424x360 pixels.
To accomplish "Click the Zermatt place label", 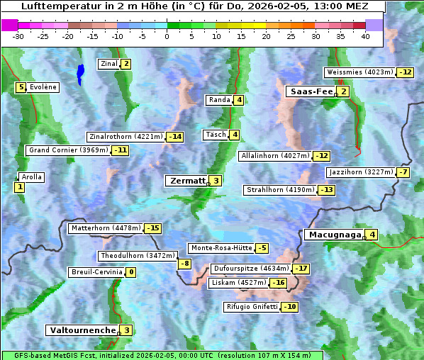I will coord(187,181).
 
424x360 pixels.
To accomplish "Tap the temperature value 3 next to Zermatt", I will coord(216,181).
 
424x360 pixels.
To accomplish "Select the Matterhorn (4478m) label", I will coord(106,228).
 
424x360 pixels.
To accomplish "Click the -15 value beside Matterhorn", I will coord(152,228).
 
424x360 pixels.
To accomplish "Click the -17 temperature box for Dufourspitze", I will coord(301,269).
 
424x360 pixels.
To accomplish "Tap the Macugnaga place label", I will coord(334,235).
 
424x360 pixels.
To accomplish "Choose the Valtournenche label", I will coord(82,330).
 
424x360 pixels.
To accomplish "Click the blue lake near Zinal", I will coord(80,73).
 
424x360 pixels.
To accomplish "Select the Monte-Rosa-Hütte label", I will coord(221,248).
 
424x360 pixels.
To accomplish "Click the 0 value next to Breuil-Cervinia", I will coord(130,272).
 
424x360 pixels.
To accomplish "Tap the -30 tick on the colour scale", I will coord(18,36).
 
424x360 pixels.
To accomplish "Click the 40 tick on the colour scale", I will coord(365,36).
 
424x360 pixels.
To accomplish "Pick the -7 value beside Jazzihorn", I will coord(403,172).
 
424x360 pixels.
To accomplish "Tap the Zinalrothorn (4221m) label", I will coord(125,137).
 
